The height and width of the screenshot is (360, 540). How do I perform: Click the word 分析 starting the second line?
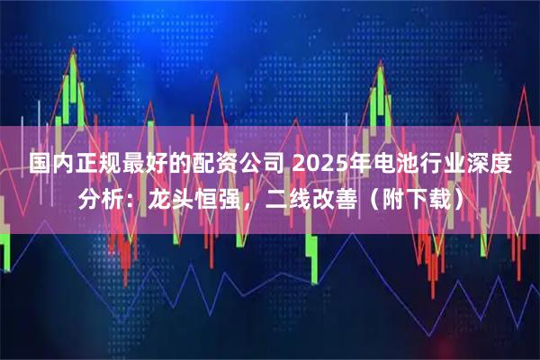pyautogui.click(x=102, y=200)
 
